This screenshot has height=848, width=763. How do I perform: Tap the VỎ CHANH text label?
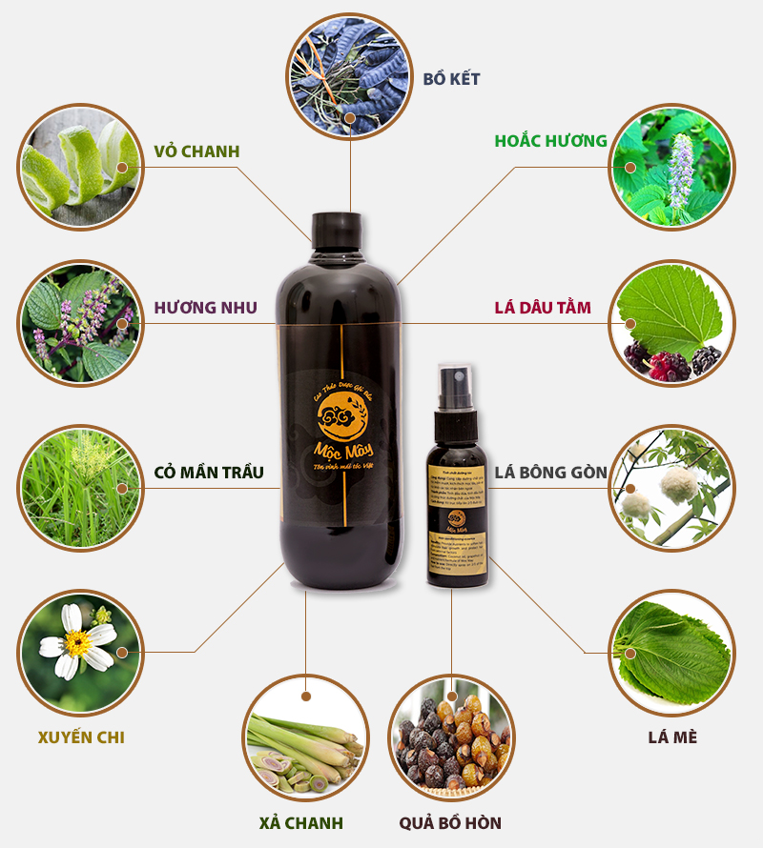(196, 151)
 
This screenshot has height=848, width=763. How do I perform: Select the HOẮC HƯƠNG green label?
(550, 141)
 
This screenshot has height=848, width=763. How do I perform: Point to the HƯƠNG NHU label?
(205, 308)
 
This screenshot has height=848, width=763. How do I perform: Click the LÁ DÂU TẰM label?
(543, 308)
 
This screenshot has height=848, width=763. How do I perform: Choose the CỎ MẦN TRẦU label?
(209, 473)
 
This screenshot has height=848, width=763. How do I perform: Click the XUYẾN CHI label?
(81, 737)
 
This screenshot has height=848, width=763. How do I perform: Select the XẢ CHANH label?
(300, 822)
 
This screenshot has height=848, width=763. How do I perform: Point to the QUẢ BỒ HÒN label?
(450, 822)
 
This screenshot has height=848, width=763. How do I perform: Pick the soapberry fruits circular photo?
(450, 738)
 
